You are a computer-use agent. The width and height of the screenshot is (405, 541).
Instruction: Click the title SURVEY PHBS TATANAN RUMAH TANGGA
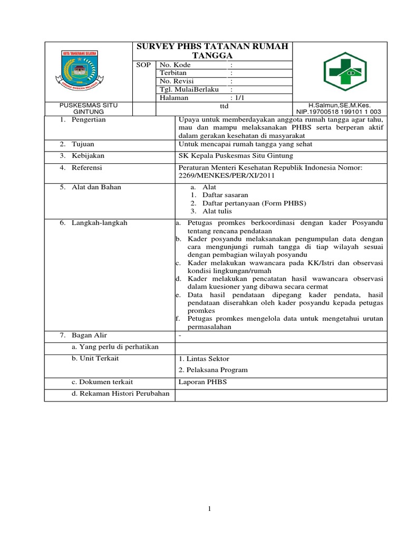pos(213,51)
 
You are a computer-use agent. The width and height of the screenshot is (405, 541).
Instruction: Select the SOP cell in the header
pos(144,65)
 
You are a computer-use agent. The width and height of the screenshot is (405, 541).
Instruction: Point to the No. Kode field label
pos(175,65)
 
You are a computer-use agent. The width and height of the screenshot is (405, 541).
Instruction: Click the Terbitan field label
pos(173,73)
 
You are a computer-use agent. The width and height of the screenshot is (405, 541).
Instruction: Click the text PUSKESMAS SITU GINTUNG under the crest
pos(88,109)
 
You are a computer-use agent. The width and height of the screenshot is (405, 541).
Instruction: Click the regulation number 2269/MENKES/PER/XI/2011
pos(227,176)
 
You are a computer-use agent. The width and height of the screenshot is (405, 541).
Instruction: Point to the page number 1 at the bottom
pos(209,509)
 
